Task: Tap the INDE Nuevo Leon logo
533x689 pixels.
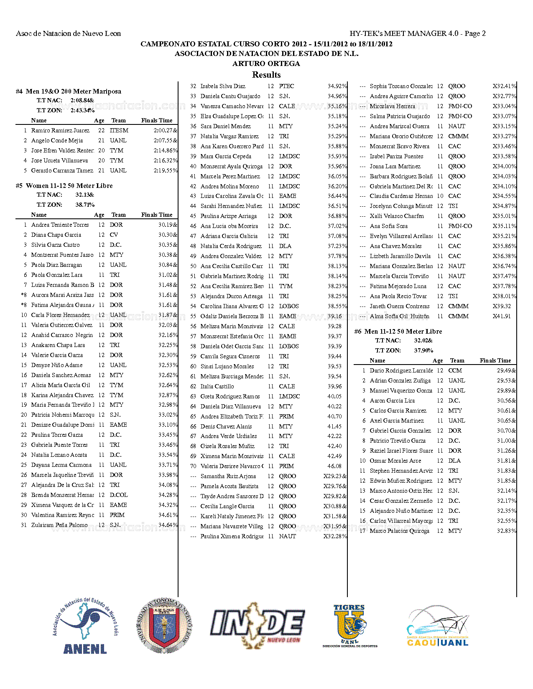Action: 258,625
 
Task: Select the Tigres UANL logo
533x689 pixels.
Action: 350,625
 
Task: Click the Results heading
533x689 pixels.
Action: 266,75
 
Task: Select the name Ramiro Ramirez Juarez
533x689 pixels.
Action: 60,130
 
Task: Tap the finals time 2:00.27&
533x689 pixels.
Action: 165,130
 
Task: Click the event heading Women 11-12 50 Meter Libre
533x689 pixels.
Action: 64,185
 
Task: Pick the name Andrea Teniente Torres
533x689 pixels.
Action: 60,225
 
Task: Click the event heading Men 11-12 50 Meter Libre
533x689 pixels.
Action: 398,331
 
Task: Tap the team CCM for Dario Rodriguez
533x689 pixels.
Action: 455,370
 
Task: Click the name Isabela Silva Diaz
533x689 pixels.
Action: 223,86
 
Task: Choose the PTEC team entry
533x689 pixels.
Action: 286,86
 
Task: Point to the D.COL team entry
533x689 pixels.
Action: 119,495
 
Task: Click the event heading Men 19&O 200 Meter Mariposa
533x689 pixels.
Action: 69,91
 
